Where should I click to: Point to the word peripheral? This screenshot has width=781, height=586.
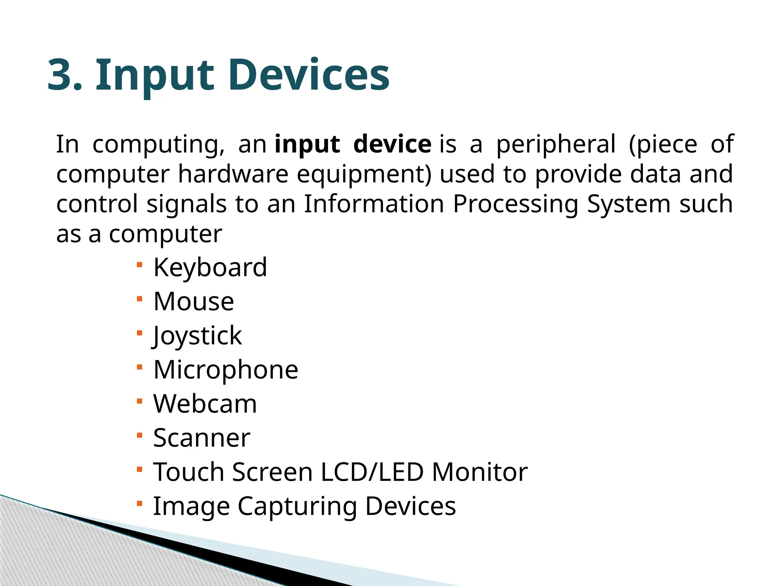[x=556, y=145]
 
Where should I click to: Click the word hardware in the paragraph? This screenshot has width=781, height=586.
[x=233, y=174]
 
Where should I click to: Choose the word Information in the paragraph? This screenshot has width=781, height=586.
[x=374, y=204]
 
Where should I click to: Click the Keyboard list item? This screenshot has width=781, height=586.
[x=210, y=267]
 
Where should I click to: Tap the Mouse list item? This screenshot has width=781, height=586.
[x=194, y=301]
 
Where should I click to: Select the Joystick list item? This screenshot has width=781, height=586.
[x=197, y=336]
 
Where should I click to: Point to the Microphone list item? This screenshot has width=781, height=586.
[x=226, y=370]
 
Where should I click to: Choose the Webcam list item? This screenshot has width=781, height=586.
[x=205, y=404]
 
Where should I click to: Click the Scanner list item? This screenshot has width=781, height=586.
[x=202, y=438]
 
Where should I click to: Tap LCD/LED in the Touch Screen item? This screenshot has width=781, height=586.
[x=372, y=472]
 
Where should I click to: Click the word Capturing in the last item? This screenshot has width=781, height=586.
[x=297, y=507]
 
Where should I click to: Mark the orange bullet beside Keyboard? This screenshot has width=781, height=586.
[x=140, y=264]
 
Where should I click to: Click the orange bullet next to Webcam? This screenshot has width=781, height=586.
[x=140, y=401]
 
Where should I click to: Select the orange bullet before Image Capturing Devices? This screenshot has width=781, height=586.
[x=140, y=504]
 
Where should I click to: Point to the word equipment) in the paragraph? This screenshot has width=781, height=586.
[x=364, y=175]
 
